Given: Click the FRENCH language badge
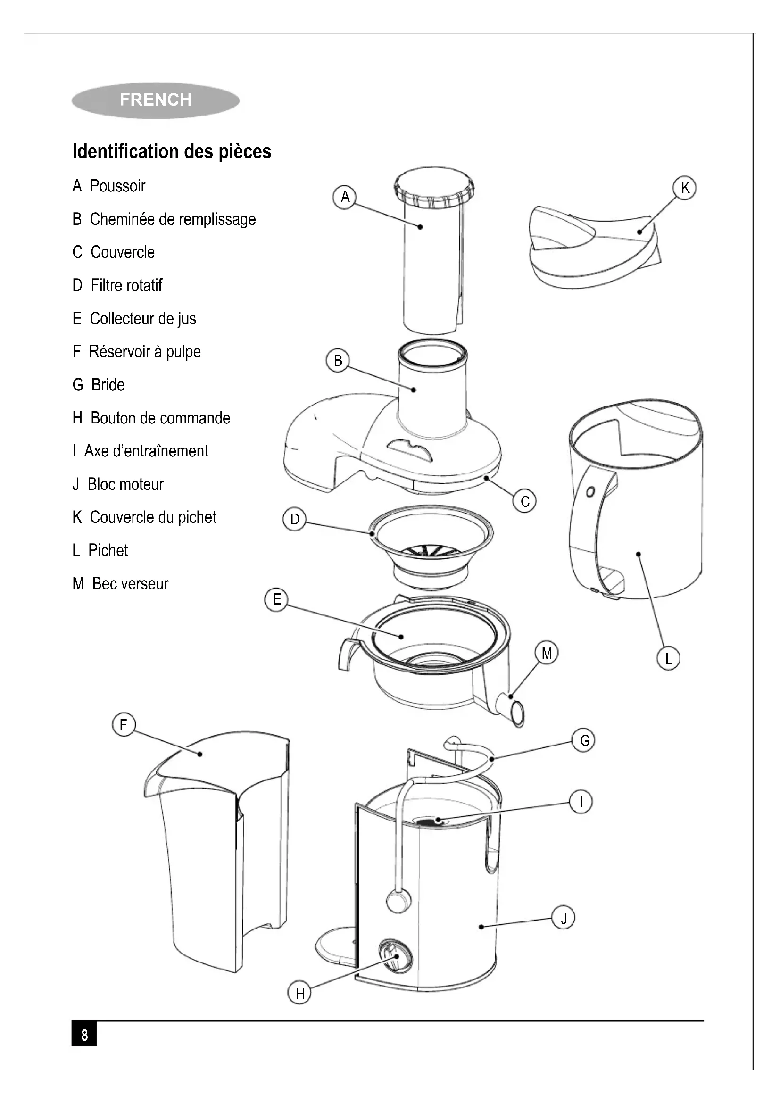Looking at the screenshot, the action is point(155,100).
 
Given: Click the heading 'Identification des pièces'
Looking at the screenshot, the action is point(172,151).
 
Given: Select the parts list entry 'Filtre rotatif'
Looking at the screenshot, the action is point(118,285).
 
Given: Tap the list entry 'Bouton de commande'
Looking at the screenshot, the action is point(151,418).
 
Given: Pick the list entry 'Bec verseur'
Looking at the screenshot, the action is point(121,584).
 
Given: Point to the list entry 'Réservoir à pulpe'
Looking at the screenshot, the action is point(136,352).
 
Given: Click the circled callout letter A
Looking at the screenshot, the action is point(345,197).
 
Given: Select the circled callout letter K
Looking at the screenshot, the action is point(684,188).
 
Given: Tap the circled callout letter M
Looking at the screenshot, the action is point(547,653).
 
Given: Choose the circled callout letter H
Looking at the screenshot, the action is point(300,993).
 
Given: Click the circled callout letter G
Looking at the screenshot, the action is point(584,740).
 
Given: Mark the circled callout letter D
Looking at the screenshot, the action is point(294,519).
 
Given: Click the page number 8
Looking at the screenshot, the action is point(84,1035).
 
